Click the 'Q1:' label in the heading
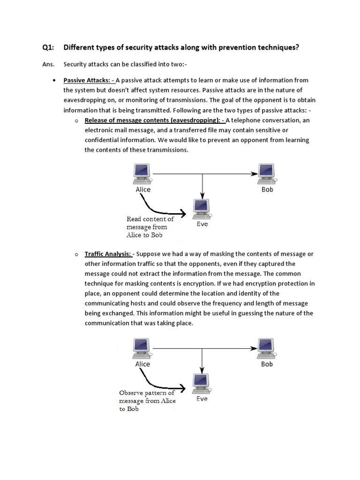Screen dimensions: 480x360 click(49, 47)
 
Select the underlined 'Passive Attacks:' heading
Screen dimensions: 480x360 click(89, 81)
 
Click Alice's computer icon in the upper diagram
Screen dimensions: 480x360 click(142, 173)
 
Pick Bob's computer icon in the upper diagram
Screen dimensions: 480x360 click(266, 173)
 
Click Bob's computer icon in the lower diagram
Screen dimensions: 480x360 click(266, 347)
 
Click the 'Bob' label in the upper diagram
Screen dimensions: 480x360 click(267, 189)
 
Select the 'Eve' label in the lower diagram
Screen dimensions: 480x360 click(202, 399)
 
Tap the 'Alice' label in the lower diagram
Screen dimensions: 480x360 click(142, 364)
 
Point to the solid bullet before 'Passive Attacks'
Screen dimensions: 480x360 click(55, 81)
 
